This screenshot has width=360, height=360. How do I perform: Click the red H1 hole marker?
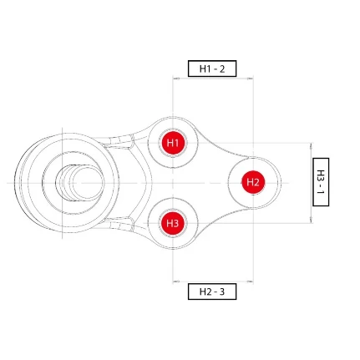click(x=173, y=143)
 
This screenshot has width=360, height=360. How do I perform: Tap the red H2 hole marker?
click(x=253, y=182)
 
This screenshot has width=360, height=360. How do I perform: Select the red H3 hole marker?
click(x=173, y=223)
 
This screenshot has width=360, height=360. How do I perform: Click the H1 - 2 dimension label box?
click(x=212, y=68)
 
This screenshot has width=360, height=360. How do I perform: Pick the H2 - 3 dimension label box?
click(x=212, y=292)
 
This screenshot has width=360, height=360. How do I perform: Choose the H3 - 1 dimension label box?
click(x=321, y=182)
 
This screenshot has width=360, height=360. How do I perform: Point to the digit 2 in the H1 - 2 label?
click(x=222, y=68)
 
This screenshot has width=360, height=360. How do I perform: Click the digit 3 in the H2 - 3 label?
click(x=222, y=292)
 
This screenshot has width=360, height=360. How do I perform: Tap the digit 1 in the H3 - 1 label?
click(x=321, y=192)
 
